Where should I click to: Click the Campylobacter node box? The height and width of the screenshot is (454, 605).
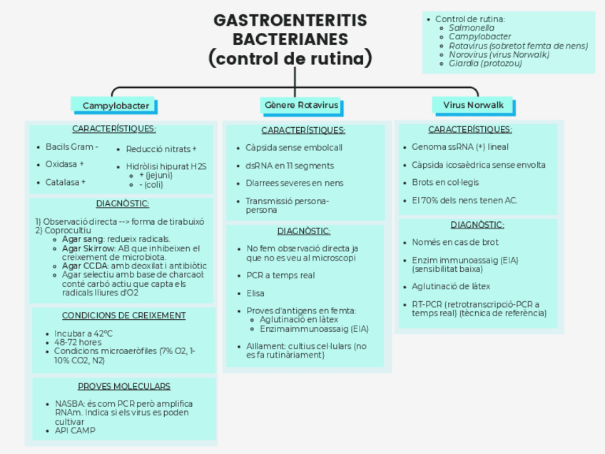click(x=115, y=106)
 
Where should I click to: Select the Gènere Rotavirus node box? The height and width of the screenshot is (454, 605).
click(x=301, y=106)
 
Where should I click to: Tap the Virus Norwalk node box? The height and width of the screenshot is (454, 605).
click(x=473, y=105)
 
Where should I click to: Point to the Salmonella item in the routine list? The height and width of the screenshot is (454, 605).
click(x=471, y=28)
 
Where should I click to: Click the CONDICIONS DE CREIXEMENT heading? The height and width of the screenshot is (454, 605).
click(x=123, y=316)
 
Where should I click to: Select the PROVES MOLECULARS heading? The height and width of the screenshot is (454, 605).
click(x=123, y=386)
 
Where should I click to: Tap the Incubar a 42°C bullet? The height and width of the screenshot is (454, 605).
click(x=83, y=333)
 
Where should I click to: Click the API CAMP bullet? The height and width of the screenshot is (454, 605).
click(x=75, y=430)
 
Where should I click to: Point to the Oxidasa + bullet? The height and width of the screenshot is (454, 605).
click(x=64, y=164)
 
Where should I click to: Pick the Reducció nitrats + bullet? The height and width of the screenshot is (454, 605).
click(x=161, y=149)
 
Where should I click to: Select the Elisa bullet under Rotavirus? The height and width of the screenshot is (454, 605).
click(x=255, y=293)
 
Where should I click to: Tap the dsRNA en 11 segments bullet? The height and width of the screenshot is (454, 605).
click(x=280, y=166)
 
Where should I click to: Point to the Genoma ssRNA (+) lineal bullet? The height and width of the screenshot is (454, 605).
click(x=459, y=147)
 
